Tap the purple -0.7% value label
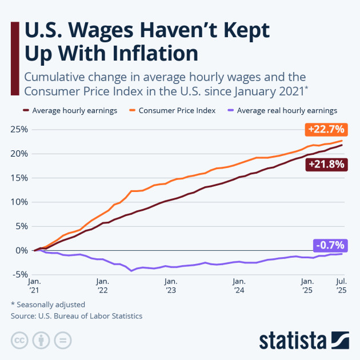329,245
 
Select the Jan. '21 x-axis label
34,286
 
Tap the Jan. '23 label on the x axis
170,286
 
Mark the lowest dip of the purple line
132,270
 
